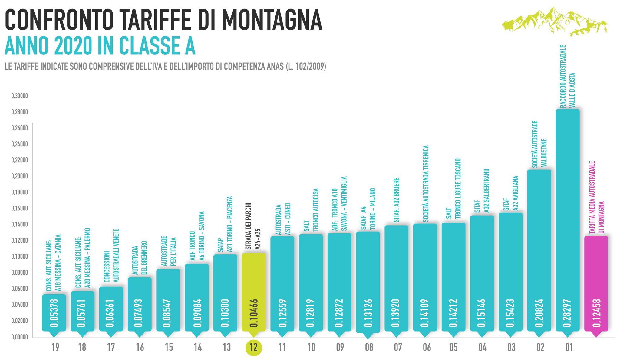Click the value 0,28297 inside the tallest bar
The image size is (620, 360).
tap(567, 313)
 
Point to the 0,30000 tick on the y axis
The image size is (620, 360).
tap(19, 96)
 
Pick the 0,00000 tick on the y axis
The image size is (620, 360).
tap(19, 337)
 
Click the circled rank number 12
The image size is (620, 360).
tap(254, 347)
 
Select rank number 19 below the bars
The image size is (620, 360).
tap(55, 347)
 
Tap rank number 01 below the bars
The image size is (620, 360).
tap(569, 347)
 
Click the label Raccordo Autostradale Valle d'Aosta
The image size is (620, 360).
tap(567, 76)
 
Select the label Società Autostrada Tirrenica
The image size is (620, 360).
tap(426, 183)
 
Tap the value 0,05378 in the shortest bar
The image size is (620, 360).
tap(54, 313)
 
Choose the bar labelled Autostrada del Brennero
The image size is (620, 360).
tap(140, 303)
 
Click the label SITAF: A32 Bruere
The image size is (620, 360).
tap(397, 200)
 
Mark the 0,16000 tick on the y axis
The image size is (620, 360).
tap(19, 208)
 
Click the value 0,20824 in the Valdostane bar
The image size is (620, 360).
tap(539, 313)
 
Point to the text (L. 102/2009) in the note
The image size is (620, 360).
tap(306, 67)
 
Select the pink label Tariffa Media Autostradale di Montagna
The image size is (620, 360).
tap(596, 197)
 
